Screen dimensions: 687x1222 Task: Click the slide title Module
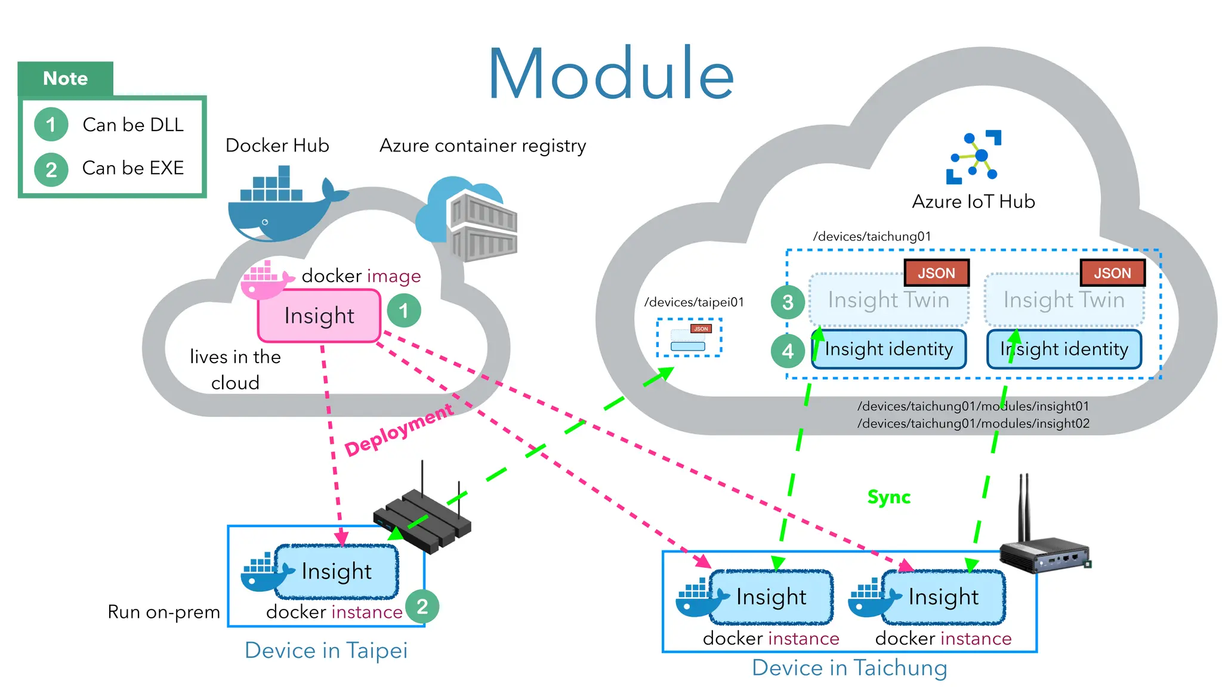pos(610,75)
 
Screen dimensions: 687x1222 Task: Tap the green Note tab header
pos(66,79)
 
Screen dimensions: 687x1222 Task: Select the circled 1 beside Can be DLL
pos(51,125)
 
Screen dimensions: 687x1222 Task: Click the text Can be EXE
pos(132,168)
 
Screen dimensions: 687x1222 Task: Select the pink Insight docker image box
pos(319,315)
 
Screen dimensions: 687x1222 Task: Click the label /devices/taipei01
pos(694,302)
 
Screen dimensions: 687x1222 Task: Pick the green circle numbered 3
pos(788,302)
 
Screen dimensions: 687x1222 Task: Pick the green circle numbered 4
pos(788,351)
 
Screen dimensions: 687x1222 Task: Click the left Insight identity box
pos(888,349)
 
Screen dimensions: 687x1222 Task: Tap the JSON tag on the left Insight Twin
pos(936,273)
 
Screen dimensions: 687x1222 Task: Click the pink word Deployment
pos(399,430)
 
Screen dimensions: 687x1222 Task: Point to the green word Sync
pos(888,497)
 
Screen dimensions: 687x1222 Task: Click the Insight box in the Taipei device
pos(337,571)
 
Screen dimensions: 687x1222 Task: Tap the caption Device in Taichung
pos(849,668)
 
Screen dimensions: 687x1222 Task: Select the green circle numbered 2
pos(422,606)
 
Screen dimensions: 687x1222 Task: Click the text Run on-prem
pos(163,612)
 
